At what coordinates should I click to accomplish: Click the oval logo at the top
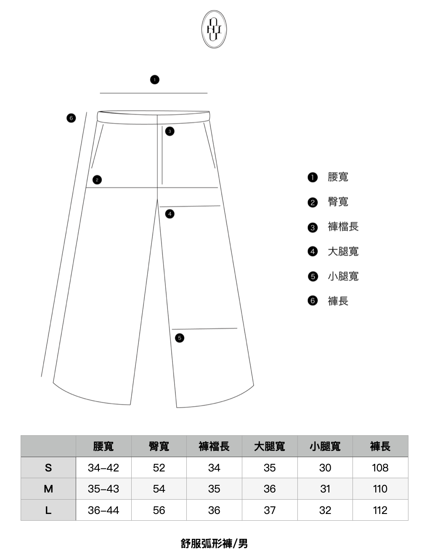click(x=214, y=29)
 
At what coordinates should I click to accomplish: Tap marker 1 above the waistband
click(x=155, y=80)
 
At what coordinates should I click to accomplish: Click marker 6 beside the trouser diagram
click(x=71, y=118)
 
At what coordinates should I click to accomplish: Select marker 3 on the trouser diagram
click(x=170, y=131)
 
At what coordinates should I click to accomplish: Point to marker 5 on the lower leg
click(x=180, y=338)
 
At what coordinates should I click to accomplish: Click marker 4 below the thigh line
click(x=170, y=214)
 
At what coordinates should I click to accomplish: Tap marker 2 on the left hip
click(x=97, y=180)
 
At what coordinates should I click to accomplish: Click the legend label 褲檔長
click(x=343, y=227)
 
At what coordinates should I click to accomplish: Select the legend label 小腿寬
click(x=343, y=277)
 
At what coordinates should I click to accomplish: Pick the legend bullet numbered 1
click(x=312, y=177)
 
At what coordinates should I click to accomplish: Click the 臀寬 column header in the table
click(x=159, y=446)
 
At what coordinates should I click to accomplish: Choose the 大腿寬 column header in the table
click(x=270, y=446)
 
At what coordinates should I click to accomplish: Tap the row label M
click(x=48, y=489)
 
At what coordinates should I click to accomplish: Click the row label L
click(x=48, y=510)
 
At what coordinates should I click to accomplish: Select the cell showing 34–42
click(x=103, y=468)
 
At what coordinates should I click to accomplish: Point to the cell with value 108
click(x=380, y=468)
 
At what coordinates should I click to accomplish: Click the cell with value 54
click(x=159, y=489)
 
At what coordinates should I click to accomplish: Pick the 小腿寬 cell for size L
click(x=325, y=510)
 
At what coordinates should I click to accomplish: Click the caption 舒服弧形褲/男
click(x=214, y=543)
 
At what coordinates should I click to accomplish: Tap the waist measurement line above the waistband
click(x=154, y=93)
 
